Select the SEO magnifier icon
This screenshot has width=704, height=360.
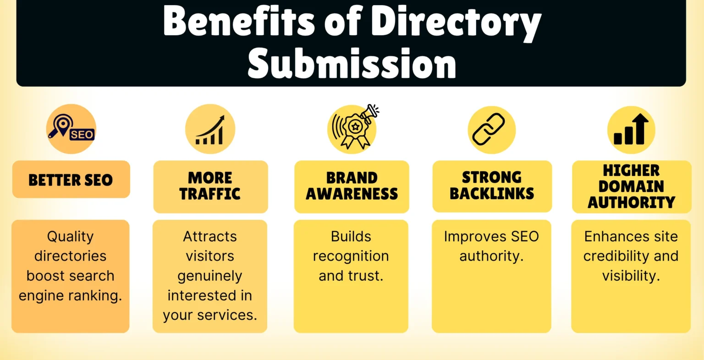71,129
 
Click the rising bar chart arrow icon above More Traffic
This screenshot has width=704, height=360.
210,129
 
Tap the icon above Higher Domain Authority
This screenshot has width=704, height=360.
631,130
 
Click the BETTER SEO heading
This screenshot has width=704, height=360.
71,180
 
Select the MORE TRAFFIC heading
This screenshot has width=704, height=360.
210,185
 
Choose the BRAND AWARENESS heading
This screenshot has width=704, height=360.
352,185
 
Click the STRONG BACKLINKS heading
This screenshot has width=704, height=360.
492,185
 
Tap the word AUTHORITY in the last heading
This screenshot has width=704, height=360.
631,202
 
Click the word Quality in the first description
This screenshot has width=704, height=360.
70,237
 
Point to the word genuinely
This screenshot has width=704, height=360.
209,276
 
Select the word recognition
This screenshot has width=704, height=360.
351,256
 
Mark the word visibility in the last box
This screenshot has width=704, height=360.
631,276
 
